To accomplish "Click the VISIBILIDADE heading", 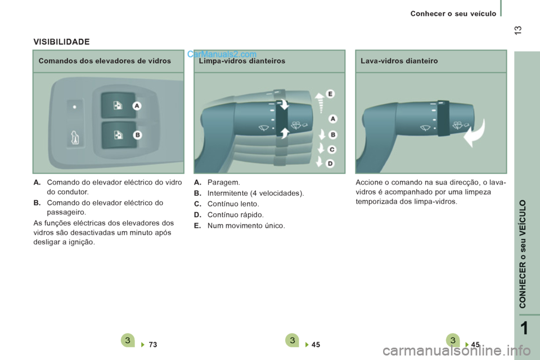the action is pyautogui.click(x=61, y=42).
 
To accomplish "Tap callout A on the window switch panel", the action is pyautogui.click(x=137, y=106).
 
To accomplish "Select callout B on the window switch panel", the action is pyautogui.click(x=137, y=134).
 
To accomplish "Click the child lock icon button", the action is pyautogui.click(x=75, y=138).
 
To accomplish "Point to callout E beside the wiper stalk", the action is pyautogui.click(x=330, y=94).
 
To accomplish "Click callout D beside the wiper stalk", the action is pyautogui.click(x=330, y=163).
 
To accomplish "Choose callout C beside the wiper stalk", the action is pyautogui.click(x=332, y=149).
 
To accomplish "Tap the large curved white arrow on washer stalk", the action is pyautogui.click(x=475, y=134).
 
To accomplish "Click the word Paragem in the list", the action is pyautogui.click(x=223, y=182).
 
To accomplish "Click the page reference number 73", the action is pyautogui.click(x=153, y=344).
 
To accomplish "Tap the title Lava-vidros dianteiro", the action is pyautogui.click(x=399, y=61).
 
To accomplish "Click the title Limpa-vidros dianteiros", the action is pyautogui.click(x=242, y=61).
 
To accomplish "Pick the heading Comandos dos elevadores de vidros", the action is pyautogui.click(x=105, y=61).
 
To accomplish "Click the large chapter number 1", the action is pyautogui.click(x=524, y=328).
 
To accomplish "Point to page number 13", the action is pyautogui.click(x=518, y=30).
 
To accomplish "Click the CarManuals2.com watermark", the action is pyautogui.click(x=222, y=54).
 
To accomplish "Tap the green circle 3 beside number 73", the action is pyautogui.click(x=128, y=340).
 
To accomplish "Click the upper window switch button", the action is pyautogui.click(x=118, y=105).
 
